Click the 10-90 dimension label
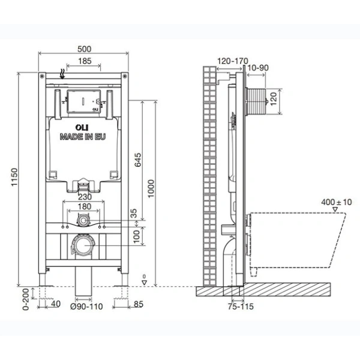256,68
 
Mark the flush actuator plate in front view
83,101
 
